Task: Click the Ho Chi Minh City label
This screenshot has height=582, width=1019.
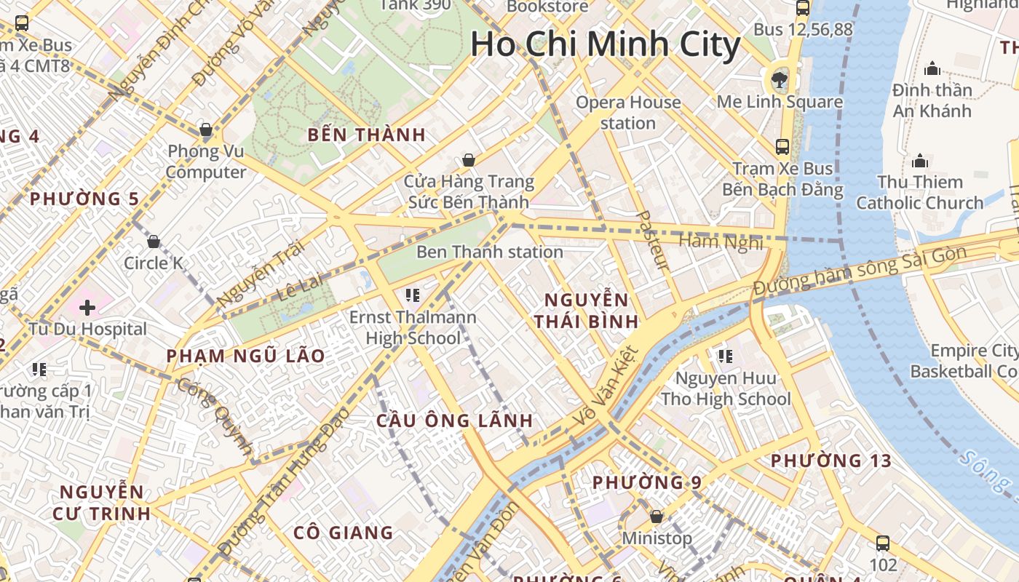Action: tap(605, 44)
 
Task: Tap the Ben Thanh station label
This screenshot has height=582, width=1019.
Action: tap(489, 252)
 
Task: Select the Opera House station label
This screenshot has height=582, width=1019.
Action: tap(628, 112)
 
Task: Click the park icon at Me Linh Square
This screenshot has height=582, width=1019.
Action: tap(780, 79)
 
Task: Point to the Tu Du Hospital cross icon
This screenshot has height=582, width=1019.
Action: tap(87, 307)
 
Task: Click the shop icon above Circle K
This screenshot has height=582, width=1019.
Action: tap(154, 241)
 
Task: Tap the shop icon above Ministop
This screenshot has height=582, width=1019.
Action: tap(657, 517)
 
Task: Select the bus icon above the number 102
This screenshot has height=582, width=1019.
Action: tap(883, 543)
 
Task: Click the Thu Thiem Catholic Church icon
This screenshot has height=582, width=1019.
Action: tap(920, 160)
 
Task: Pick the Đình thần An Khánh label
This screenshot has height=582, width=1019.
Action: tap(932, 100)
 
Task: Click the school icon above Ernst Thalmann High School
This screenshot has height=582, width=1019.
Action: tap(413, 295)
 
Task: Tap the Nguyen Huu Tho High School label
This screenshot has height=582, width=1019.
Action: tap(725, 388)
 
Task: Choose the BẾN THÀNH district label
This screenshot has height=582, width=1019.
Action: tap(366, 135)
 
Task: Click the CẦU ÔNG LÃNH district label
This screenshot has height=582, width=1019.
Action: tap(454, 420)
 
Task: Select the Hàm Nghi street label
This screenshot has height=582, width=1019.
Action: tap(721, 242)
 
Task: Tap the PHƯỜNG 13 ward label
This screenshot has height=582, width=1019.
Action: tap(830, 461)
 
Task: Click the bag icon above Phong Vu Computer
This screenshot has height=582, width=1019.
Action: tap(206, 130)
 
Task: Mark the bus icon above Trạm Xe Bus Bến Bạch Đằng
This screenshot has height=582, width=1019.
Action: tap(782, 146)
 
